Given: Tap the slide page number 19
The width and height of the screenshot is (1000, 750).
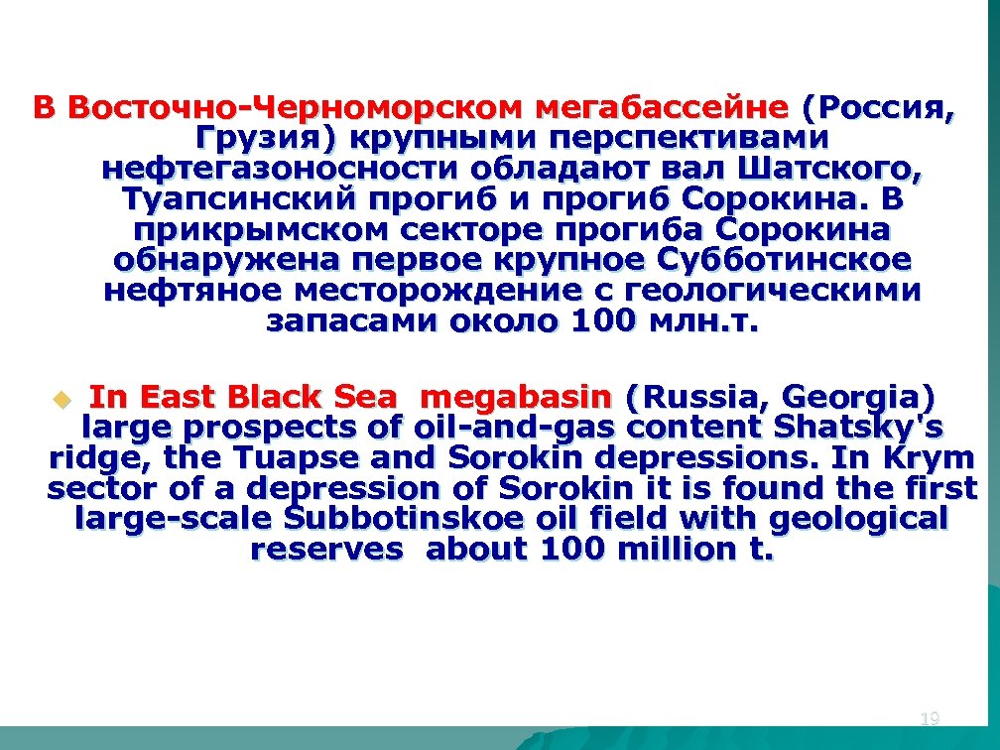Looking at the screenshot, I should pyautogui.click(x=930, y=718).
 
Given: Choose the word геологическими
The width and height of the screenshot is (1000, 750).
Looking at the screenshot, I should pyautogui.click(x=772, y=291).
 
